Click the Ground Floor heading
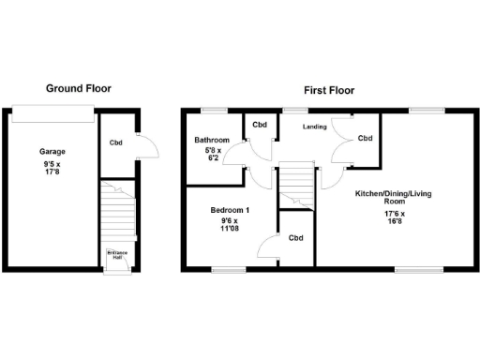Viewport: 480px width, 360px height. (79, 88)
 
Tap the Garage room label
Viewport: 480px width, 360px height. (52, 151)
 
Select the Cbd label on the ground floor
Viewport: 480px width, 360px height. (116, 142)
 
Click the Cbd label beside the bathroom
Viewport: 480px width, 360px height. (260, 125)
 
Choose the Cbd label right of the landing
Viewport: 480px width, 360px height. (365, 139)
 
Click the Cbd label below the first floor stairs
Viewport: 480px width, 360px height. (296, 237)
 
